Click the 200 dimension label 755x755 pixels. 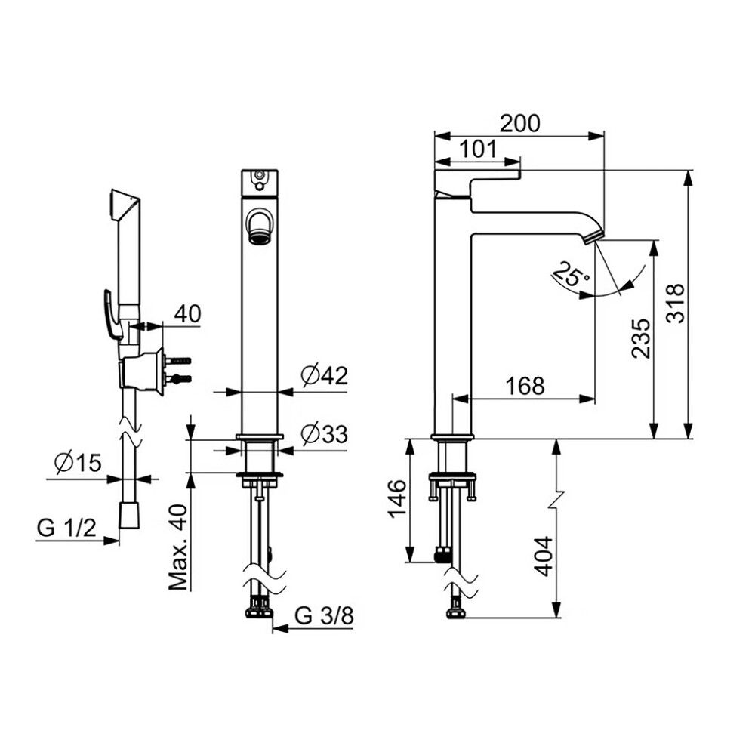click(x=520, y=123)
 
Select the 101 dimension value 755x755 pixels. click(x=477, y=149)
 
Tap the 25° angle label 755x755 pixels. click(x=571, y=276)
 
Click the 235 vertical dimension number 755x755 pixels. click(x=641, y=338)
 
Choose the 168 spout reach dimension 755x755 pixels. click(x=525, y=385)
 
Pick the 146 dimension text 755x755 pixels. click(x=398, y=498)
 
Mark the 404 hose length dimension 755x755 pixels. click(x=544, y=556)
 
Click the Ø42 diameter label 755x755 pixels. click(x=324, y=375)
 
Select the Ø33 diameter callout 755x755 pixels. click(x=324, y=434)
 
